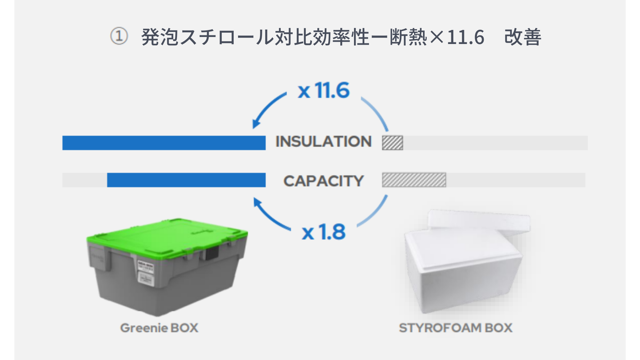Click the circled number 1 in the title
pyautogui.click(x=119, y=36)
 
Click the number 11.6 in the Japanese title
pyautogui.click(x=466, y=37)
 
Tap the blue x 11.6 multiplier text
pyautogui.click(x=324, y=90)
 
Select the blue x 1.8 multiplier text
pyautogui.click(x=324, y=232)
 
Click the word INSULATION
pyautogui.click(x=323, y=142)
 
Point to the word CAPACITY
pyautogui.click(x=323, y=181)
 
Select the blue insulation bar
pyautogui.click(x=164, y=143)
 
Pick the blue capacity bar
pyautogui.click(x=186, y=180)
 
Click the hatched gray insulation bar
pyautogui.click(x=392, y=143)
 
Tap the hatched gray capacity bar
pyautogui.click(x=414, y=180)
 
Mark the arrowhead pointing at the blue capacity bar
pyautogui.click(x=257, y=202)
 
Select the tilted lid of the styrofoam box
pyautogui.click(x=479, y=222)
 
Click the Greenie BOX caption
pyautogui.click(x=159, y=328)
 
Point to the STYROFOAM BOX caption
pyautogui.click(x=456, y=328)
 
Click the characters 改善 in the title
pyautogui.click(x=523, y=37)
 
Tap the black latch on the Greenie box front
pyautogui.click(x=211, y=254)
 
